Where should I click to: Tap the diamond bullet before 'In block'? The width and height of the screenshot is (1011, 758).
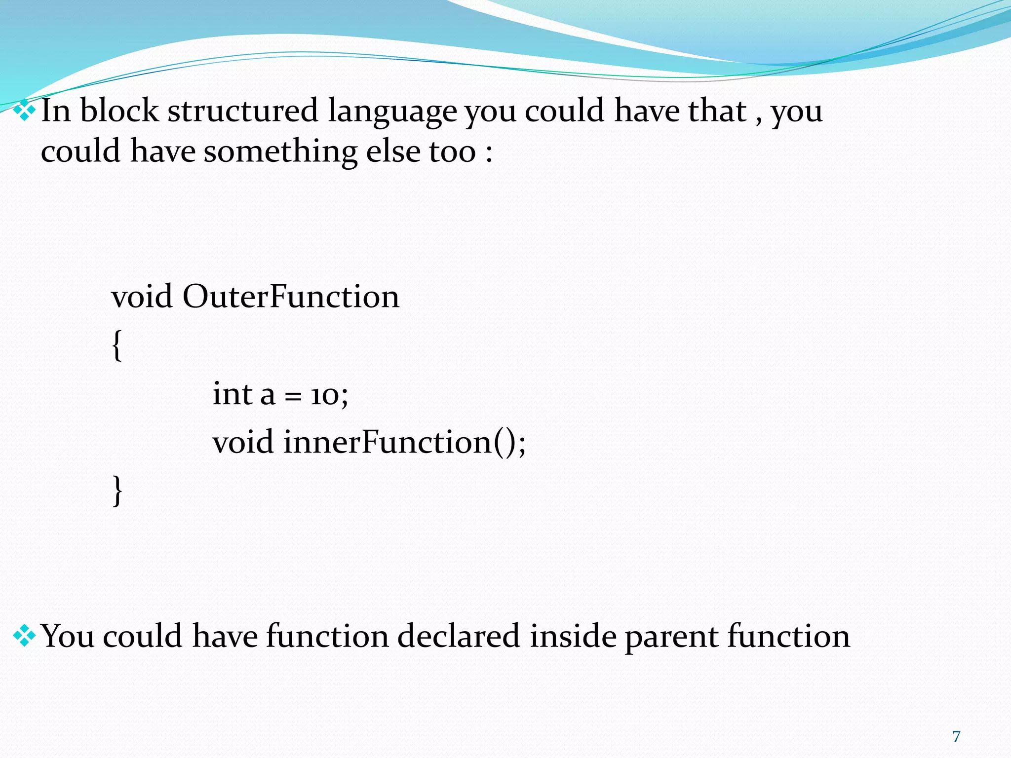click(24, 111)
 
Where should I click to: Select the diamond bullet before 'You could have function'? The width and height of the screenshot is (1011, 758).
click(24, 636)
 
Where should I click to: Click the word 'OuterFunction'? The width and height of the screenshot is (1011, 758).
click(291, 297)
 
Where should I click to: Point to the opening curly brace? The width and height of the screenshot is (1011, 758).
click(117, 345)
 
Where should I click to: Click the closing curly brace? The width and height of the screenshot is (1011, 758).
click(117, 491)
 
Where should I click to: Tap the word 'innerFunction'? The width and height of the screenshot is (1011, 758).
click(388, 442)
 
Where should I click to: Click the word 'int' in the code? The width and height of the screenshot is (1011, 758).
click(232, 394)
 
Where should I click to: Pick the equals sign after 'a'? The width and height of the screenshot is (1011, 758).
click(293, 397)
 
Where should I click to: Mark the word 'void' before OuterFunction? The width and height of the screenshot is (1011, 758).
click(142, 297)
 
